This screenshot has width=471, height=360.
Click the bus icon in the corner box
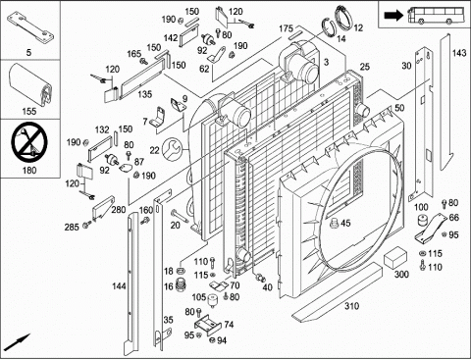pyautogui.click(x=436, y=15)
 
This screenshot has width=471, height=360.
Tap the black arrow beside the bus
pyautogui.click(x=393, y=15)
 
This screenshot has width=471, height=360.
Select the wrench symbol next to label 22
pyautogui.click(x=173, y=149)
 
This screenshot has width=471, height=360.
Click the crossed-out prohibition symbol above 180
pyautogui.click(x=29, y=142)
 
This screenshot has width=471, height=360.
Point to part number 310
pyautogui.click(x=351, y=306)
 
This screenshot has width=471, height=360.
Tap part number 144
pyautogui.click(x=119, y=286)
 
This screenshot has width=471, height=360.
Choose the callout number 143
pyautogui.click(x=459, y=53)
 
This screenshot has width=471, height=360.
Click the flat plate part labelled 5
pyautogui.click(x=29, y=26)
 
